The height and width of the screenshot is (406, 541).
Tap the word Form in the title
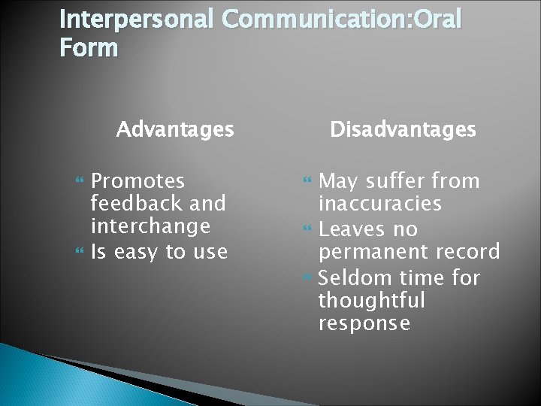89,48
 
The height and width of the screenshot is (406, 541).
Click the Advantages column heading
175,130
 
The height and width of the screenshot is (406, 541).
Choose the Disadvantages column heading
403,130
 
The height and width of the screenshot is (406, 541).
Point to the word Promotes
138,181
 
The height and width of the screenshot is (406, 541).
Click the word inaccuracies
380,204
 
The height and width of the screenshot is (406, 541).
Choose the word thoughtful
371,301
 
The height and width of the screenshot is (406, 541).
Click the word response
364,324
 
